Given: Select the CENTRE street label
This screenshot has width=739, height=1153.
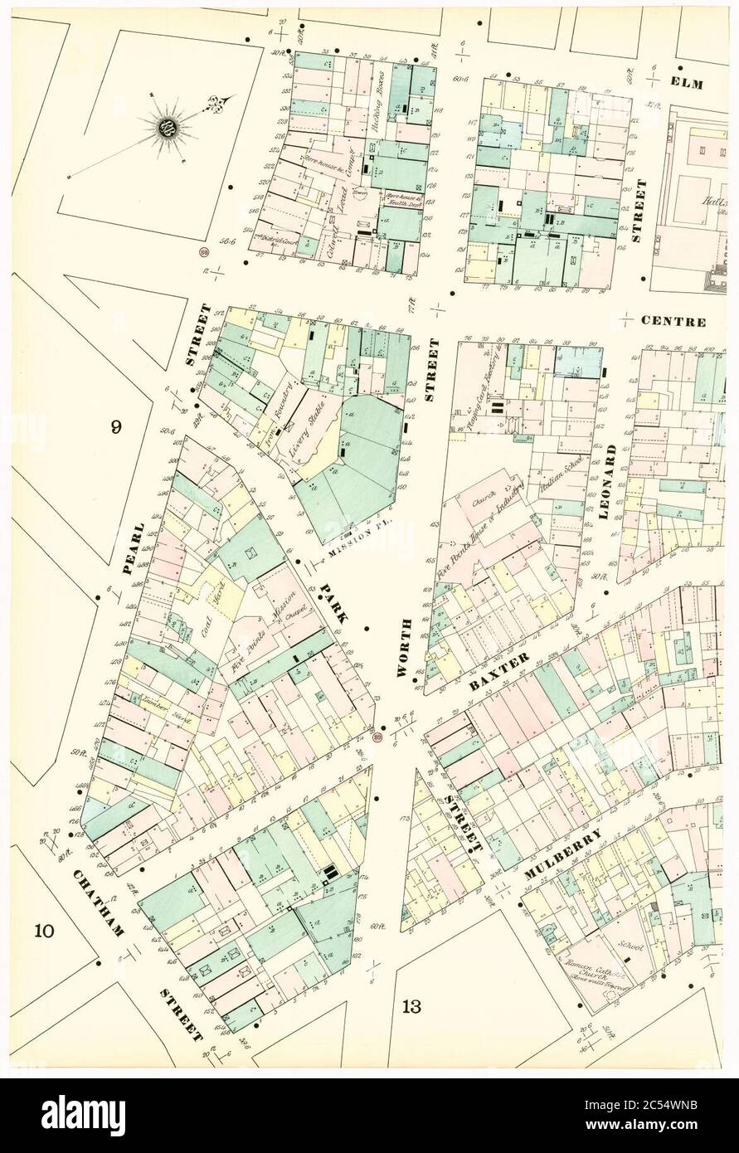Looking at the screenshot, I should [x=678, y=321].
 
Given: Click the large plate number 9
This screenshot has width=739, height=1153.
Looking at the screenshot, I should [x=117, y=427].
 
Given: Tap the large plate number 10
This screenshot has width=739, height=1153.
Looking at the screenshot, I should [x=45, y=930].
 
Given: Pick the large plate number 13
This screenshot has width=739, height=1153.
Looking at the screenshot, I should [x=412, y=1007].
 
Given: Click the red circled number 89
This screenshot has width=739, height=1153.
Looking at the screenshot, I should [x=379, y=735].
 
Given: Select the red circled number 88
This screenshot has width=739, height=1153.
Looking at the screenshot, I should [x=203, y=252].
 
